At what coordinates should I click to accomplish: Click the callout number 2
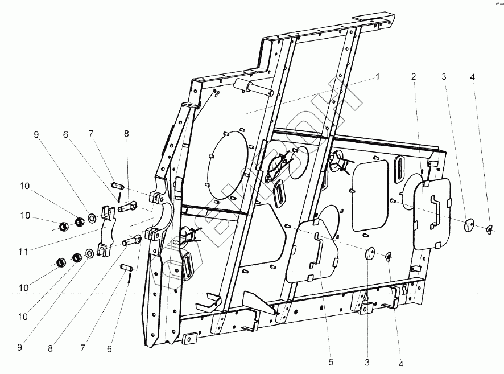414,76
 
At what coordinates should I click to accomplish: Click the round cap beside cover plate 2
470,226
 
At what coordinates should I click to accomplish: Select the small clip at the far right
490,229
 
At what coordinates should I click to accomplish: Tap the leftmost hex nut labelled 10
64,227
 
